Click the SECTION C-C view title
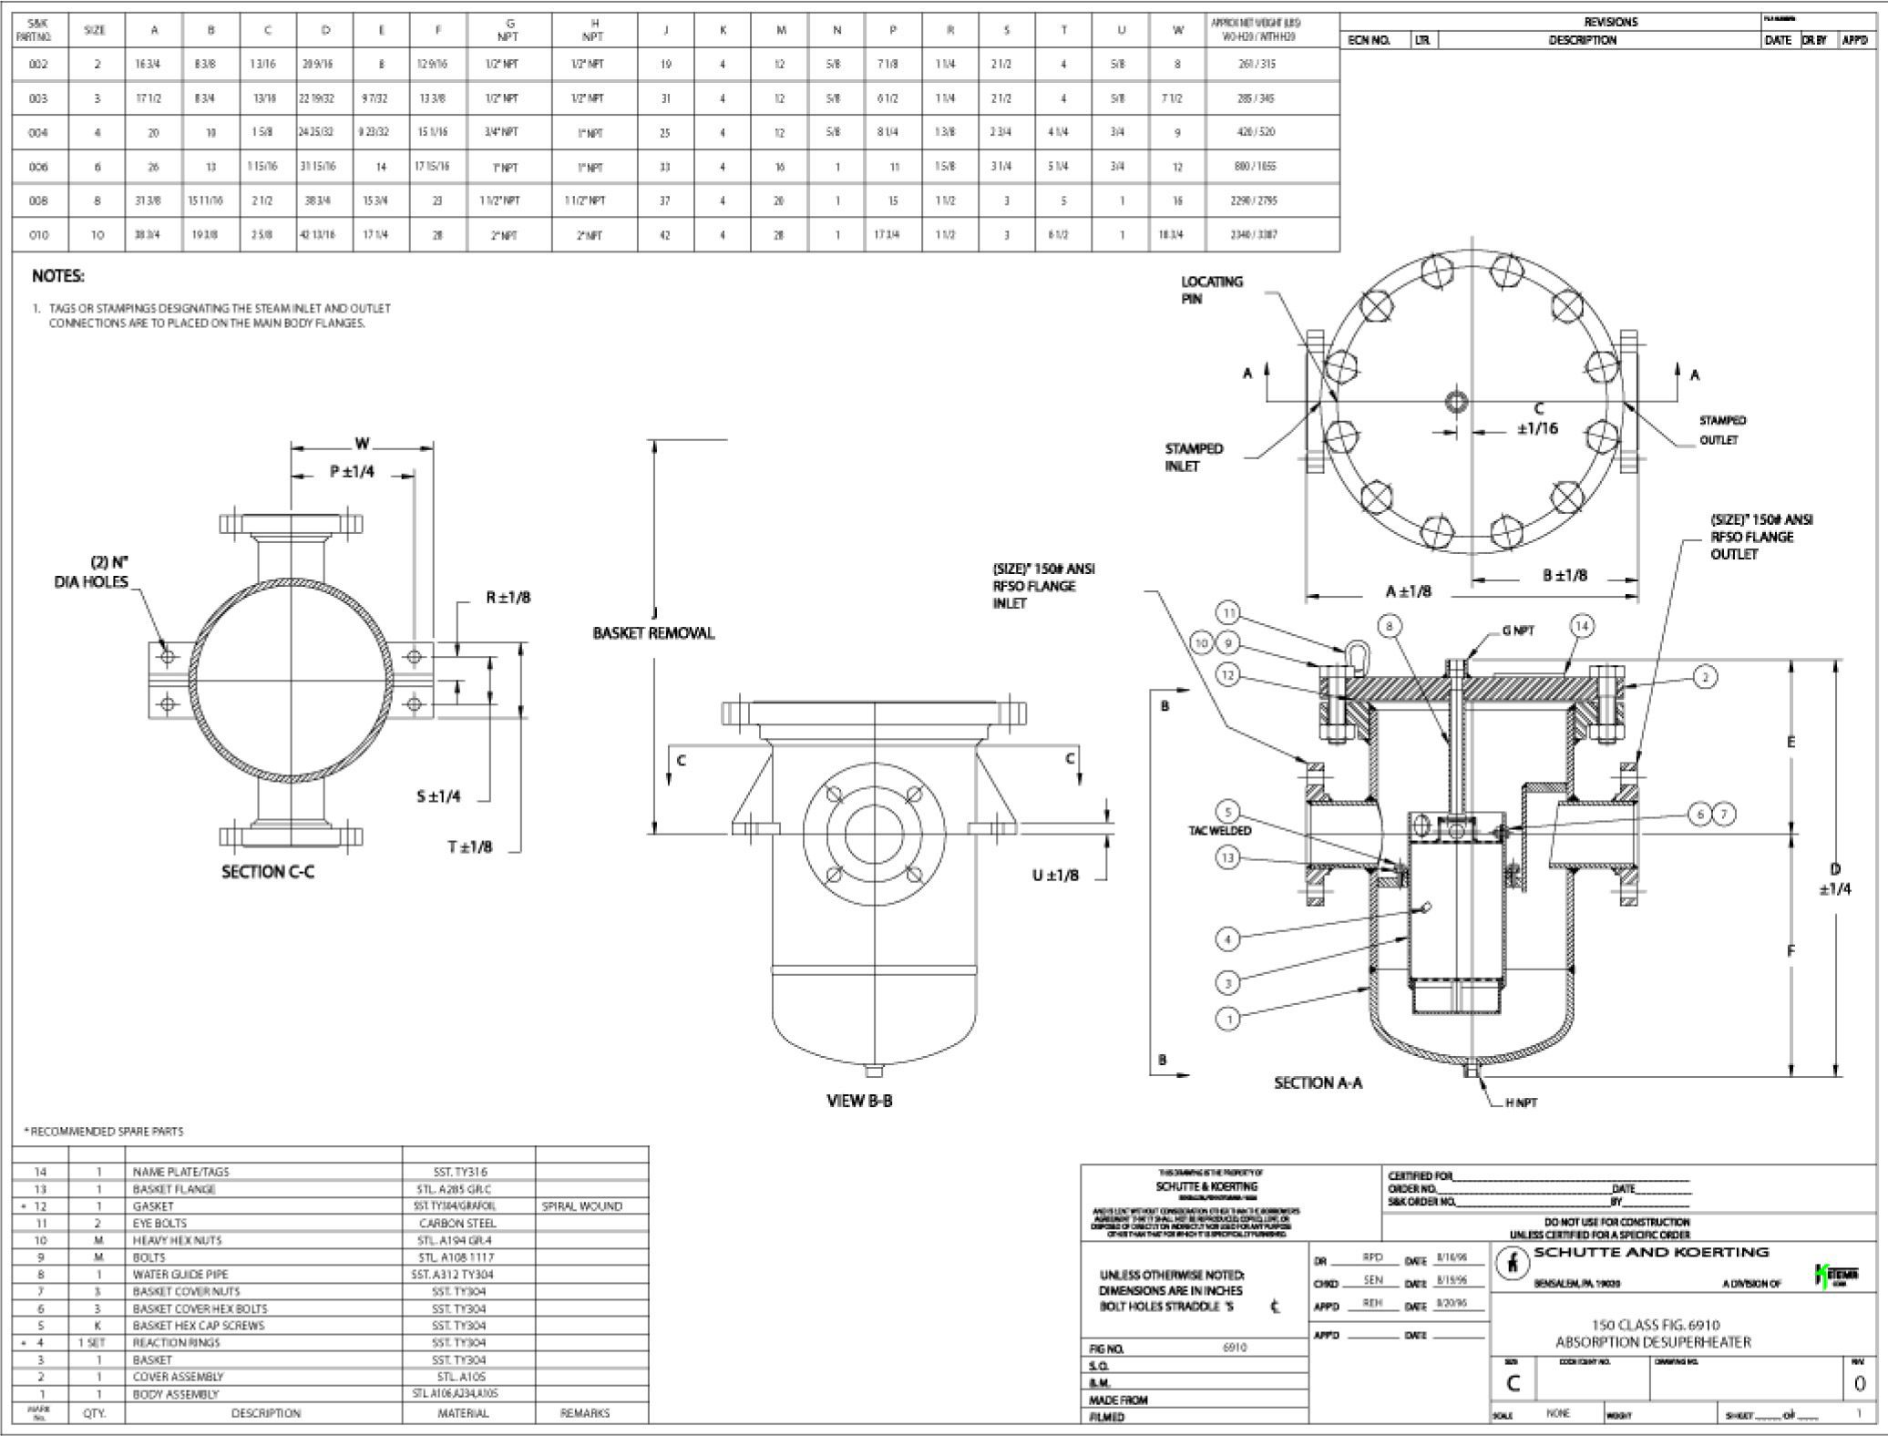(268, 872)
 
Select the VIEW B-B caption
(859, 1101)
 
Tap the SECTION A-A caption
(1318, 1082)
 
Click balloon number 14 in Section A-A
(1582, 626)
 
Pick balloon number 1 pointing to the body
(1229, 1019)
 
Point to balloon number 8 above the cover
(1390, 626)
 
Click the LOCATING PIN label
(1211, 290)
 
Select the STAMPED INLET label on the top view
(1194, 456)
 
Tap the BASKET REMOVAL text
(653, 633)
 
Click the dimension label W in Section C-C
(363, 444)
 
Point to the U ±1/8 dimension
(1055, 876)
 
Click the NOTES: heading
(58, 276)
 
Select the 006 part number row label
(38, 167)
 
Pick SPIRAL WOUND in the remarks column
(581, 1206)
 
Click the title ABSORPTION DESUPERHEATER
(1653, 1342)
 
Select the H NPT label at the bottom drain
(1521, 1103)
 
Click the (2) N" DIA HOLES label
(91, 571)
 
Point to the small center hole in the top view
(1456, 402)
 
